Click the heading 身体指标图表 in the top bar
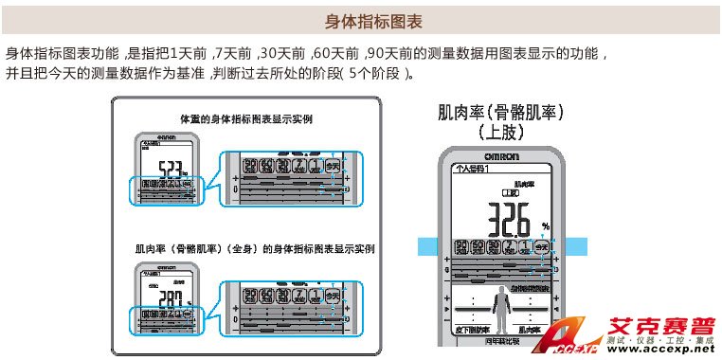pyautogui.click(x=360, y=20)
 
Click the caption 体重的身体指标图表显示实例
pyautogui.click(x=246, y=120)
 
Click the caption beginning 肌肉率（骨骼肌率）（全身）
pyautogui.click(x=254, y=250)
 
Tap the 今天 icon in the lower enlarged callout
pyautogui.click(x=333, y=296)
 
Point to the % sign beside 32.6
pyautogui.click(x=546, y=226)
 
